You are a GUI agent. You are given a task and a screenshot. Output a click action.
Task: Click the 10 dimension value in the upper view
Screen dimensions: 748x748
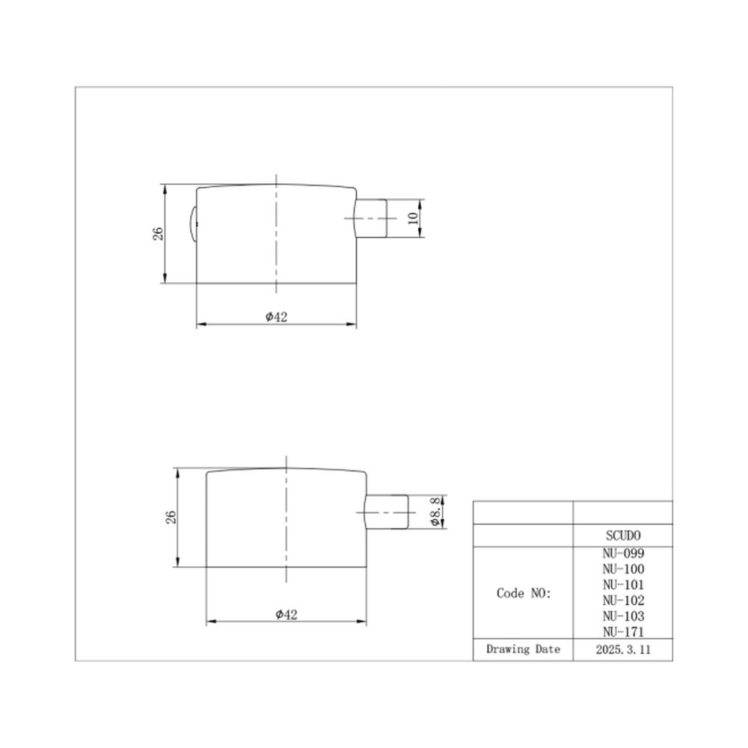click(413, 218)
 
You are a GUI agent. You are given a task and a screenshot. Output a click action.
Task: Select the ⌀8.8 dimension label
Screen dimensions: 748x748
click(435, 512)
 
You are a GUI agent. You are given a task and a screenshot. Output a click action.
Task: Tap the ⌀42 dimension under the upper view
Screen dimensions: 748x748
click(277, 316)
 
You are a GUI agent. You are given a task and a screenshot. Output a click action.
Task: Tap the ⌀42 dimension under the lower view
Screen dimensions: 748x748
click(286, 614)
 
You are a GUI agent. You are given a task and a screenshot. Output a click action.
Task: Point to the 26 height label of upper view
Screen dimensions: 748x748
click(158, 233)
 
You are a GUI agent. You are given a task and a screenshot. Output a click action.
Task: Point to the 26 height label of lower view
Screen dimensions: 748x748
click(171, 517)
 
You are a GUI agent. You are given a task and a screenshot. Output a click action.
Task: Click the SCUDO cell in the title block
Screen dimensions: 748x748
click(623, 536)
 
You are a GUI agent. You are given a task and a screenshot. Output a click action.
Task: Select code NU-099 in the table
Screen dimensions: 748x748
click(623, 554)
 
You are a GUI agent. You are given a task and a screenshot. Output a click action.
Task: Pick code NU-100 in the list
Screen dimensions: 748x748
click(623, 569)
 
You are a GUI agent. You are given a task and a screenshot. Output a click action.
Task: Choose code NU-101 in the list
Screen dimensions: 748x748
click(623, 585)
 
